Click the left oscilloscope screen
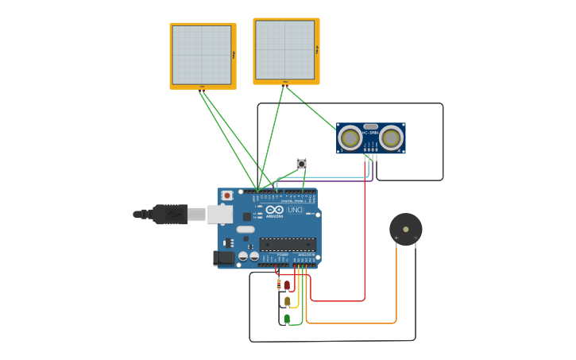click(202, 55)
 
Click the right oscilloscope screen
click(285, 50)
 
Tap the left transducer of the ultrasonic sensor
click(350, 138)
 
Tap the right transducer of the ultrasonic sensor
click(391, 138)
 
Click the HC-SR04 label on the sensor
click(370, 133)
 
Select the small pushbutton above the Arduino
click(301, 164)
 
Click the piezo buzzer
click(405, 230)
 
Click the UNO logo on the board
click(295, 210)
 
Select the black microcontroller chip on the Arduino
click(287, 245)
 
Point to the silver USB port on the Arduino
click(220, 214)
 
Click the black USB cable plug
click(170, 214)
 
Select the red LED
click(287, 285)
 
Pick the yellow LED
click(287, 301)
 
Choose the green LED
click(287, 319)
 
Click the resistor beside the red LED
click(278, 284)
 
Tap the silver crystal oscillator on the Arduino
click(245, 230)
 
